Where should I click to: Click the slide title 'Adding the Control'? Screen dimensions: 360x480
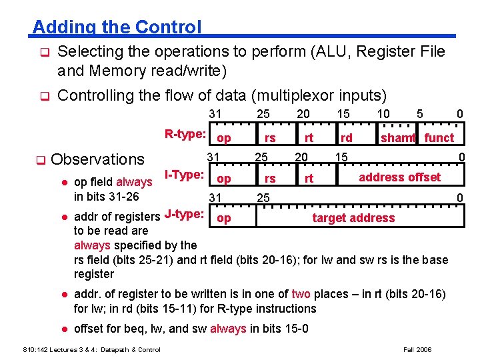(x=117, y=27)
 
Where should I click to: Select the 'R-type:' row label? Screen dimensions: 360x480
(x=185, y=134)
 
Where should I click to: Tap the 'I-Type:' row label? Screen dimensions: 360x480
(x=183, y=175)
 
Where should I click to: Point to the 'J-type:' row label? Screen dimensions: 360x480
(x=183, y=214)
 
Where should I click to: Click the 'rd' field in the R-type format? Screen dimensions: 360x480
(x=347, y=138)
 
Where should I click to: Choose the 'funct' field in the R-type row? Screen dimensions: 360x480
(x=439, y=138)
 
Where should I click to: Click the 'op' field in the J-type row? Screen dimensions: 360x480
(x=225, y=219)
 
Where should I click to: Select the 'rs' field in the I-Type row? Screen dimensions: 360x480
(x=270, y=179)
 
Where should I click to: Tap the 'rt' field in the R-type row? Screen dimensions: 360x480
(x=309, y=138)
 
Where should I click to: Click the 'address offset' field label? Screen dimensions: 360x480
(x=399, y=177)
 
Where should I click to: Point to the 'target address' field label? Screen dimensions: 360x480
(x=353, y=218)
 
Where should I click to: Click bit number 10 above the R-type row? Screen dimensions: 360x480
(x=383, y=115)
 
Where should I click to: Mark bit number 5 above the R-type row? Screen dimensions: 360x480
(x=419, y=115)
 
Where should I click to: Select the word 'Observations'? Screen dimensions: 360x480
(x=97, y=159)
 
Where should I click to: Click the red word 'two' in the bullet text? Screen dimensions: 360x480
(x=301, y=294)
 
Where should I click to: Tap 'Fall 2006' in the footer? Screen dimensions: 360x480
(x=417, y=349)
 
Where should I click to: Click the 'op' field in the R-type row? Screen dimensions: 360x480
(x=225, y=138)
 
